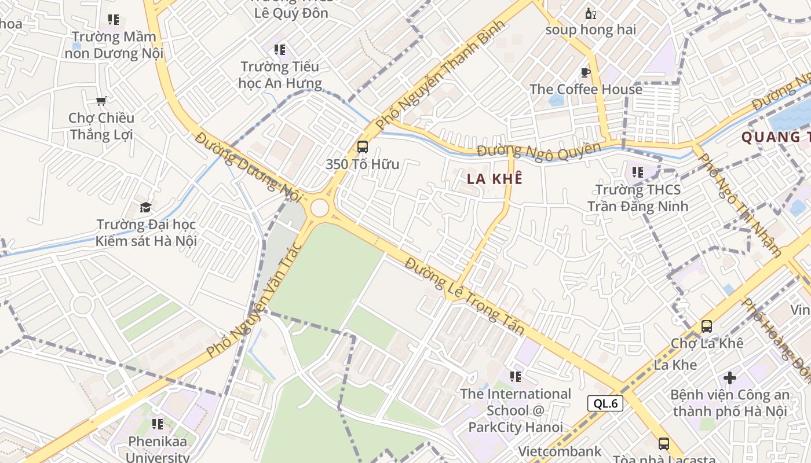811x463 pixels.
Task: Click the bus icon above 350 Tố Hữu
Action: click(363, 147)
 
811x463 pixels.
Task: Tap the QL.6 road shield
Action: click(605, 403)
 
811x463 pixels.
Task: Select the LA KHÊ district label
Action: click(495, 179)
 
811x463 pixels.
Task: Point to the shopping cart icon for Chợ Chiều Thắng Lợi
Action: click(101, 101)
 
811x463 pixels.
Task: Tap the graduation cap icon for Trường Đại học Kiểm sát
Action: click(146, 207)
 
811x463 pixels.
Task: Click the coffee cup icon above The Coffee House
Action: click(586, 72)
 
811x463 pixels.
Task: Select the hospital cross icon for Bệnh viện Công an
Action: click(730, 378)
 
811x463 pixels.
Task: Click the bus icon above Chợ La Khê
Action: click(707, 326)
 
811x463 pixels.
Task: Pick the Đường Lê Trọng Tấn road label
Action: click(465, 296)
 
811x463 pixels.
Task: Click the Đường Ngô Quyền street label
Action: click(539, 152)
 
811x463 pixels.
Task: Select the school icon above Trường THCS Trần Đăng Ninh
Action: click(638, 172)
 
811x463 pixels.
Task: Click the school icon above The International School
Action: click(516, 377)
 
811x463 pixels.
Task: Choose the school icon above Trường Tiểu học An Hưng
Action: click(280, 50)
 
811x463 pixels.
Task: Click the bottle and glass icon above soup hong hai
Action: click(590, 13)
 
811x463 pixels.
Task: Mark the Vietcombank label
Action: click(560, 451)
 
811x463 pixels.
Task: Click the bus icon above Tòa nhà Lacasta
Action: click(664, 444)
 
